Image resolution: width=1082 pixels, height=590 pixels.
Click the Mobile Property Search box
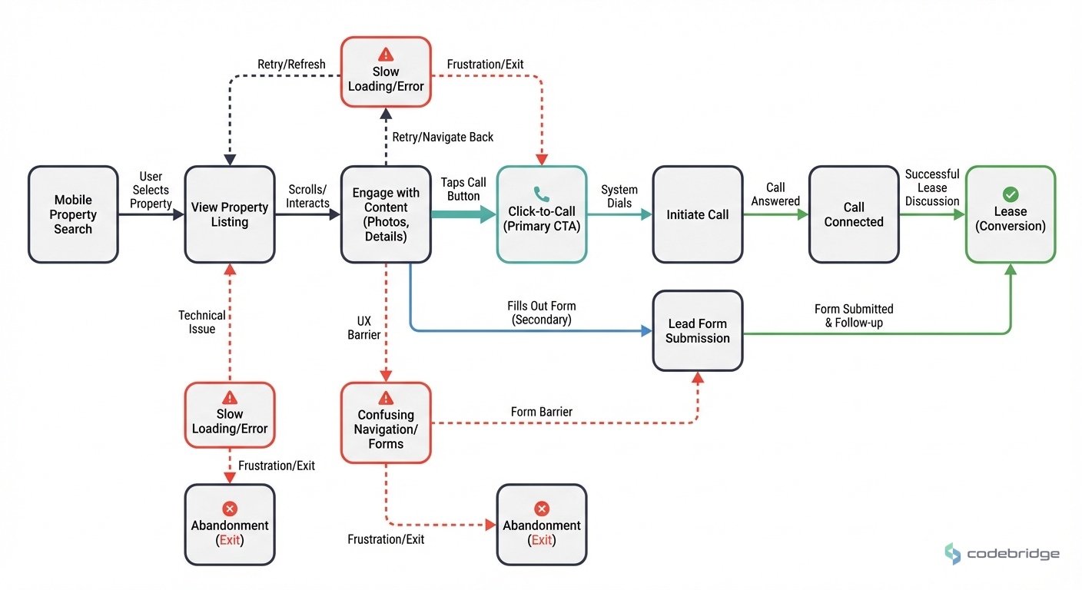73,215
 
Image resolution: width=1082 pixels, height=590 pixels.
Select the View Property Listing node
230,215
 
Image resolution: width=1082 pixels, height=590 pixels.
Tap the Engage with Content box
386,215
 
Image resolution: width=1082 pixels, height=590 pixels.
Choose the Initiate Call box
697,215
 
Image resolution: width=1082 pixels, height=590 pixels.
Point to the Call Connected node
854,215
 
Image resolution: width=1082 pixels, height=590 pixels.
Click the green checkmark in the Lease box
1011,194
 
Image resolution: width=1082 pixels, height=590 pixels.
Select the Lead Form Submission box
697,331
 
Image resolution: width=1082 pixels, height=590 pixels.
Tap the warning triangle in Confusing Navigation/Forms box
386,397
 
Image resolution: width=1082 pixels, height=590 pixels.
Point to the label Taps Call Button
463,189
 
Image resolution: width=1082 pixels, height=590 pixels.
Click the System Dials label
619,197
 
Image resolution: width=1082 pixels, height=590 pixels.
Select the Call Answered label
775,194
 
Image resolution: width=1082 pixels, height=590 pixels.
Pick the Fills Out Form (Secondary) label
542,313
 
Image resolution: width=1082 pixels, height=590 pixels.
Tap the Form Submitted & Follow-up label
854,316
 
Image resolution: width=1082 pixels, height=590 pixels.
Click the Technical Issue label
202,322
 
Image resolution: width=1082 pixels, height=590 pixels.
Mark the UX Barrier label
363,327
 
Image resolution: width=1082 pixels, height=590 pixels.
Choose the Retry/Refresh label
291,65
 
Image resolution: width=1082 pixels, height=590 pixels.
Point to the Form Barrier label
542,412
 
